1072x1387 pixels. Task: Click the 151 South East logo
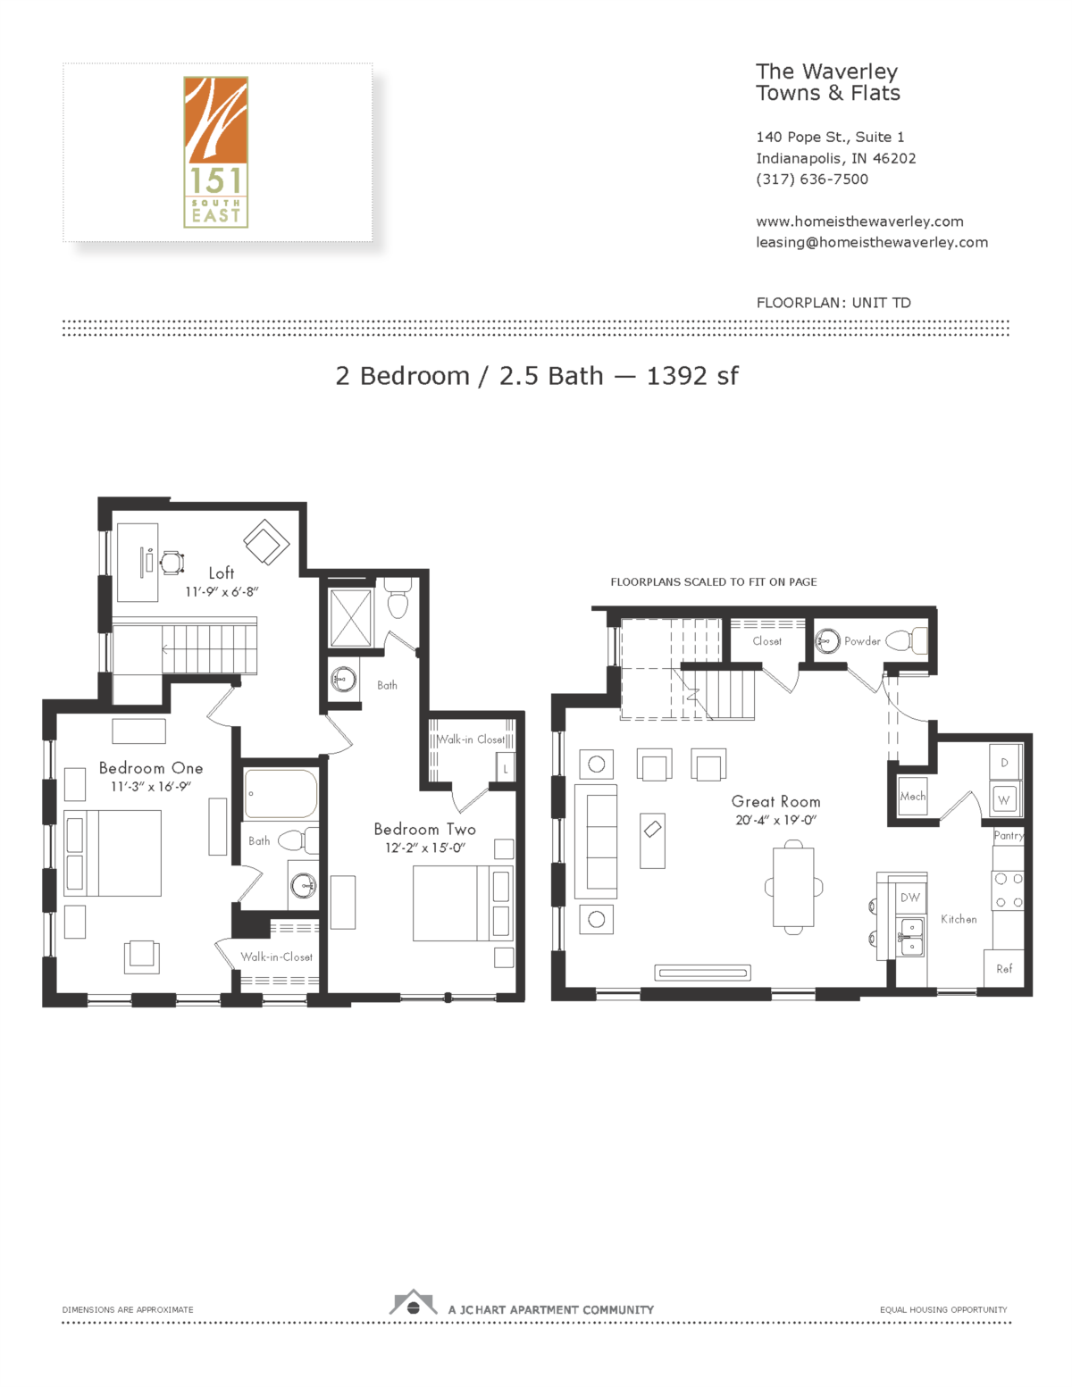215,152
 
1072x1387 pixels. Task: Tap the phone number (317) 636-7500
812,180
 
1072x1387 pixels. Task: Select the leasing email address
872,243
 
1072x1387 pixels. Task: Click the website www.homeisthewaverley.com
859,221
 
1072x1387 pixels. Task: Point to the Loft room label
222,573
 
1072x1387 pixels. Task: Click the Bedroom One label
151,768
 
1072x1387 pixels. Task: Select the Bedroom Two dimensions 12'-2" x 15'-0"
425,848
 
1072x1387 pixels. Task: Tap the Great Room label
775,802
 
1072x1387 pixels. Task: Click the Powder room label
862,641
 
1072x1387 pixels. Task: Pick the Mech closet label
912,797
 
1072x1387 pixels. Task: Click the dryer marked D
1005,763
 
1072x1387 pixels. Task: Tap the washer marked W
1004,799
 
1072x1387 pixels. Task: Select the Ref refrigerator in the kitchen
1004,969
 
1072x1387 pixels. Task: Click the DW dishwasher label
909,898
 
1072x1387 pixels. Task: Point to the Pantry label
1009,836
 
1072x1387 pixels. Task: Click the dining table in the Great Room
793,887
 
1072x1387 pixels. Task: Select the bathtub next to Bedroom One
281,794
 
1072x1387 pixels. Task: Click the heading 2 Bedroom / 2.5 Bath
469,376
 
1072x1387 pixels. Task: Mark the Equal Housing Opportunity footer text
943,1310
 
